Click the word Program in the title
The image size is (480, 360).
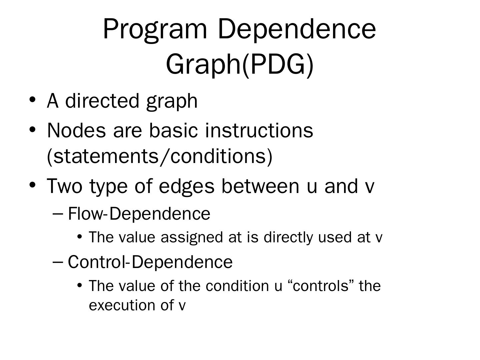coord(155,29)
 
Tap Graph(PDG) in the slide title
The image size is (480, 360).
coord(240,65)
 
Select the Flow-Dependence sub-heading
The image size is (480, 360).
coord(139,214)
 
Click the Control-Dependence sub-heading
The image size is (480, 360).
coord(150,262)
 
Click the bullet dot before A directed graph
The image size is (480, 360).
coord(32,100)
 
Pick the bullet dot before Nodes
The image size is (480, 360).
coord(32,129)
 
